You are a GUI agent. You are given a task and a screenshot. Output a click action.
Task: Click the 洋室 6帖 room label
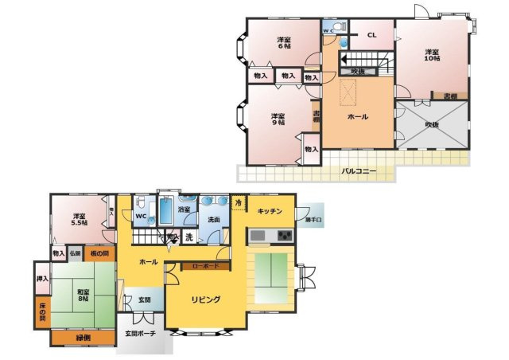tap(283, 43)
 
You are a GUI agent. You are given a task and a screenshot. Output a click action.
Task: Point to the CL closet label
tap(371, 35)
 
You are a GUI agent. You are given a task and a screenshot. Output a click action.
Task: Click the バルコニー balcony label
tap(359, 170)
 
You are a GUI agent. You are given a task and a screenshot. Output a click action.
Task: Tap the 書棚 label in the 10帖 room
tap(450, 96)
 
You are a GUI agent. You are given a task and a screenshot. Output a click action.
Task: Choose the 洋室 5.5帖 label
tap(80, 220)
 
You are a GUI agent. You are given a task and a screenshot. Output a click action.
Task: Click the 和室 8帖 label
tap(84, 295)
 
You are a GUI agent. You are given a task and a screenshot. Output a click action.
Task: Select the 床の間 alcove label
tap(41, 311)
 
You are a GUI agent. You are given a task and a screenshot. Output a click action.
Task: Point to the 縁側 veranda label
tap(83, 337)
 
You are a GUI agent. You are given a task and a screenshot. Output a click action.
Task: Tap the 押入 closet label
tap(42, 280)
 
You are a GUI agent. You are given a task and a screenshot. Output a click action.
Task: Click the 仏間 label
tap(75, 253)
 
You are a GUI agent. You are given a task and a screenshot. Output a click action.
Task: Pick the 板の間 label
tap(99, 253)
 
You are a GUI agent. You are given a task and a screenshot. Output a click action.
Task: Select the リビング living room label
tap(205, 299)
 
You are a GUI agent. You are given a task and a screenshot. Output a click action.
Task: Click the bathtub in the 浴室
tap(166, 213)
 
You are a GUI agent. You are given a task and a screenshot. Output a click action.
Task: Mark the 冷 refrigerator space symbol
tap(239, 204)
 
